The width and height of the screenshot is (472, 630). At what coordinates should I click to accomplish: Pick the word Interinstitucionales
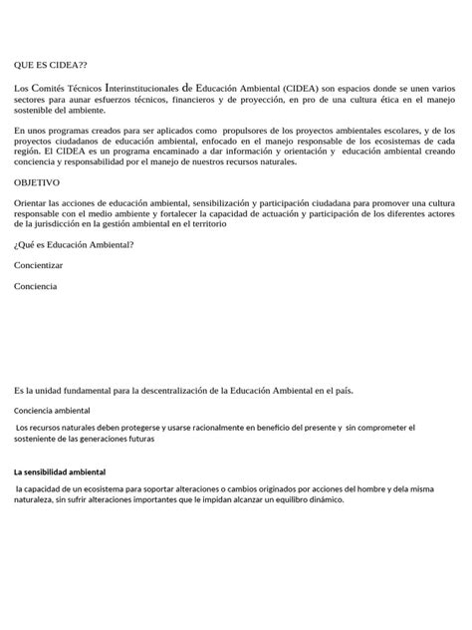[x=141, y=89]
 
